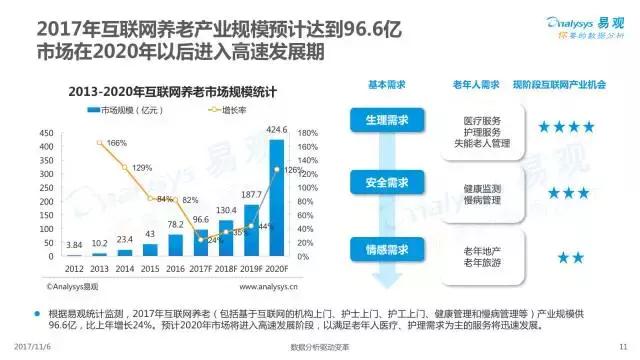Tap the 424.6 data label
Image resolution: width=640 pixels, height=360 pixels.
click(277, 129)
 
